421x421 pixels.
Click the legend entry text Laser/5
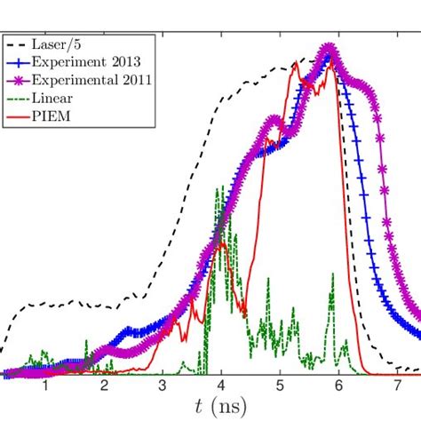57,44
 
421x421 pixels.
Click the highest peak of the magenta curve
330,48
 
